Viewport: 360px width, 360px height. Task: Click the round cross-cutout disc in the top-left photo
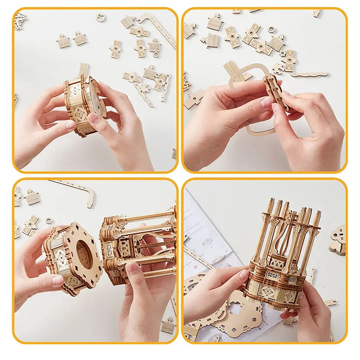(99, 17)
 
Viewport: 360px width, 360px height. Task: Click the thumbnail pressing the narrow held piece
(267, 102)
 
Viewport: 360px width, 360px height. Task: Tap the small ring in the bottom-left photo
(49, 221)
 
